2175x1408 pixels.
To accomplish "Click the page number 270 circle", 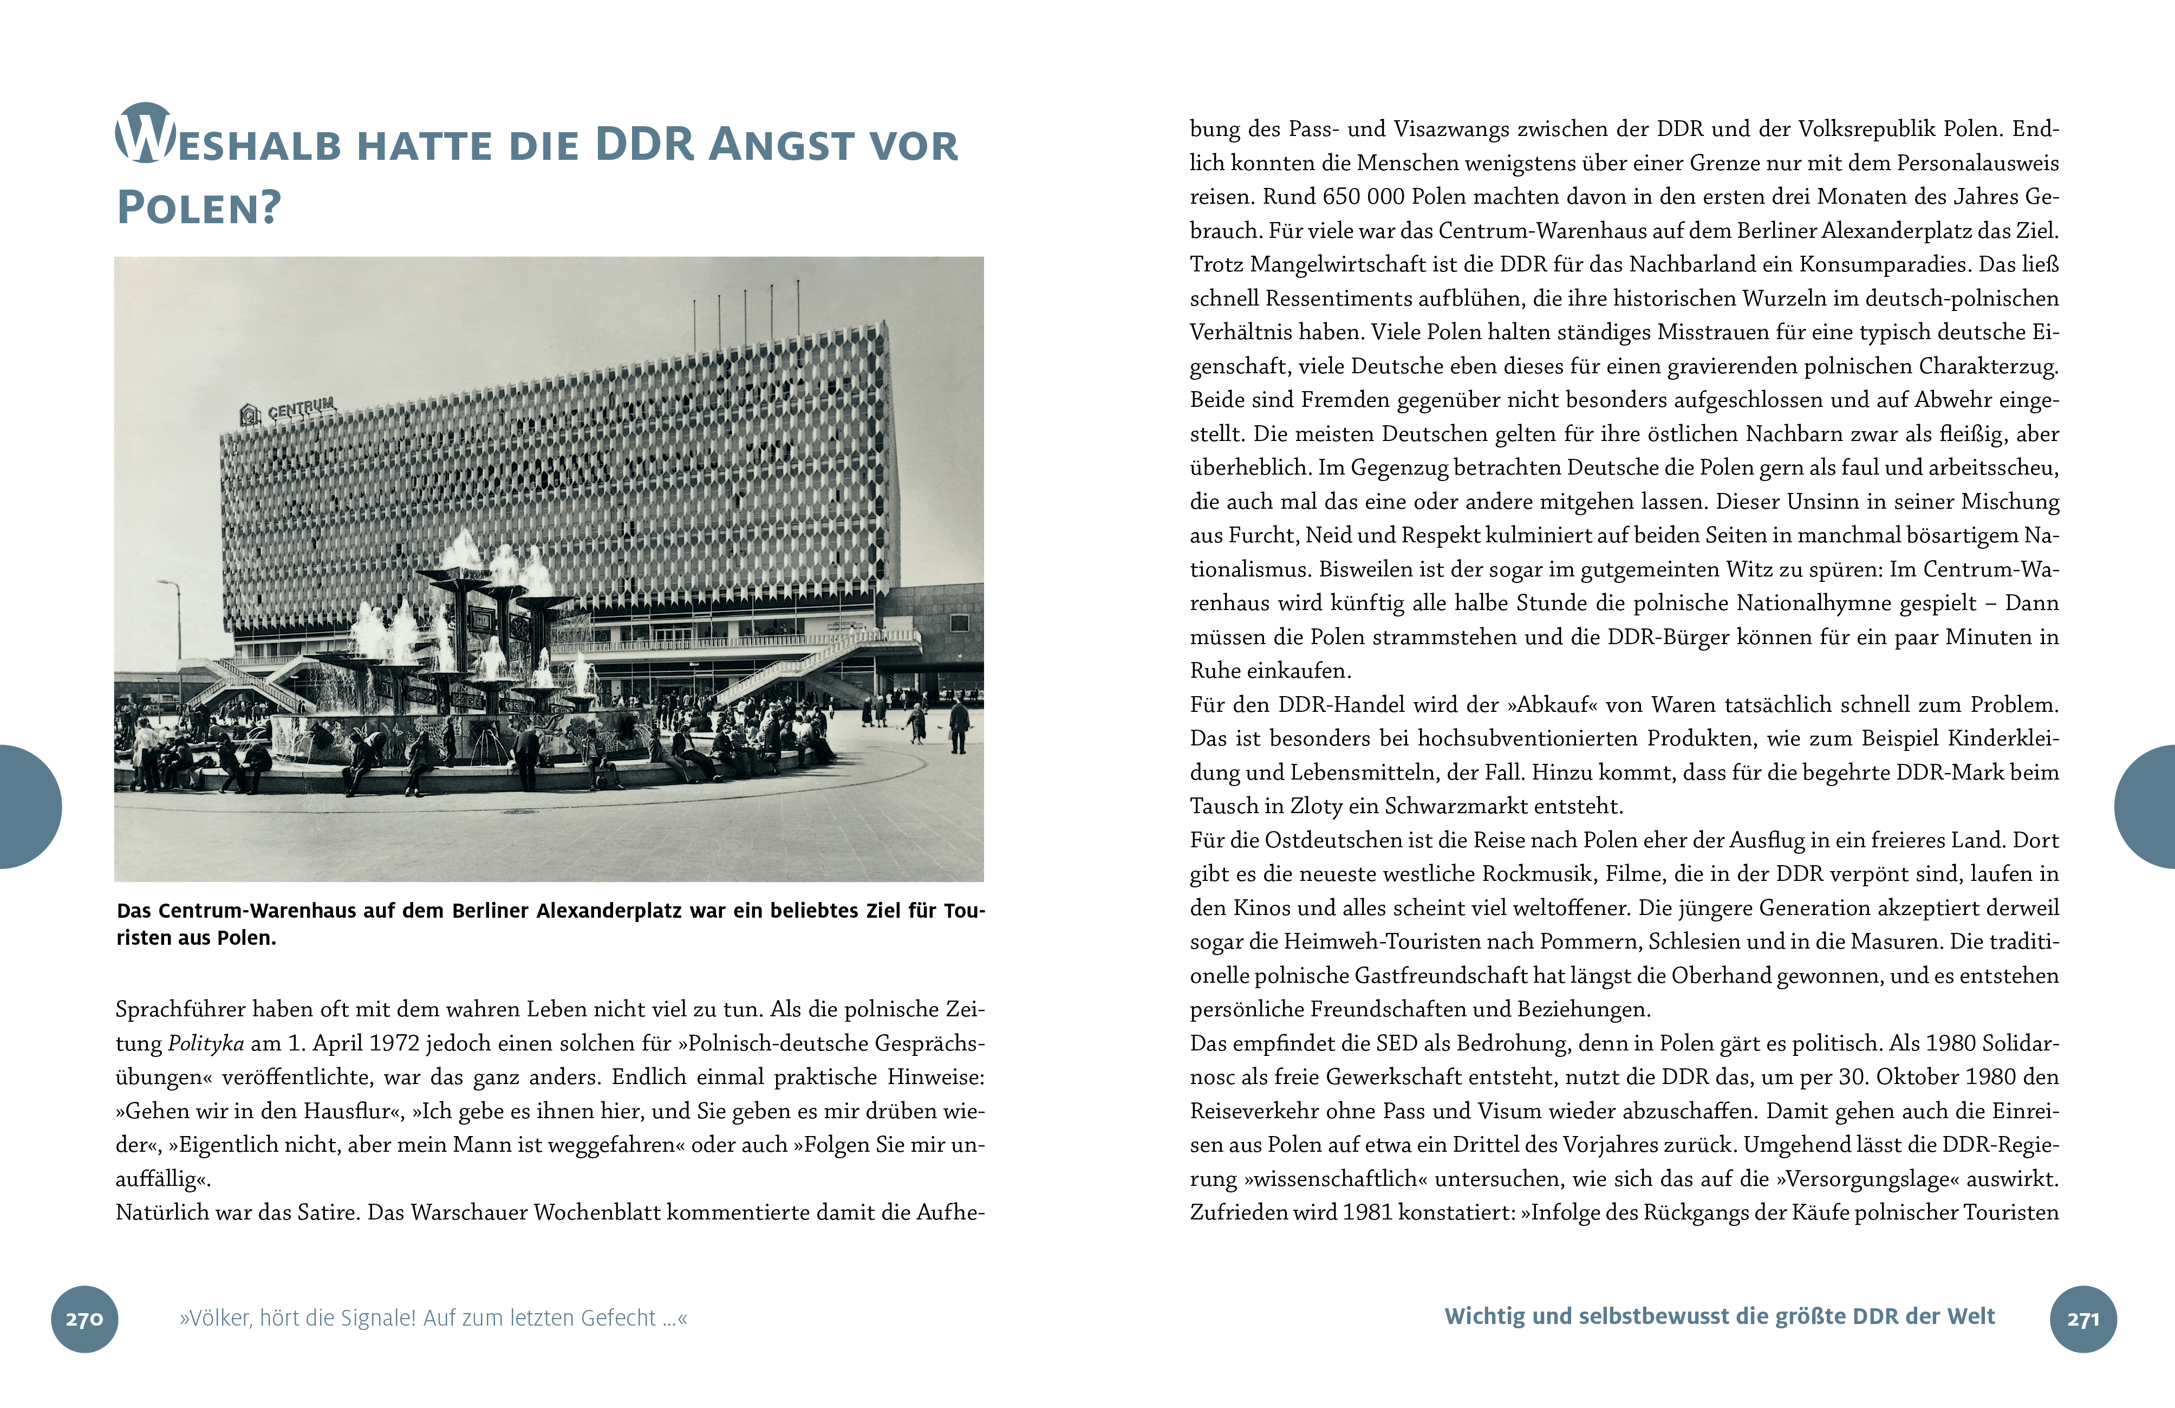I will (x=84, y=1319).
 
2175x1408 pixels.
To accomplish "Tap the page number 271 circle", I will (x=2083, y=1319).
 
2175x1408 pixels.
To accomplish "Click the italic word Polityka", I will (x=206, y=1043).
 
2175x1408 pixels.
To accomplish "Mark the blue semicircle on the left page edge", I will (x=28, y=807).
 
